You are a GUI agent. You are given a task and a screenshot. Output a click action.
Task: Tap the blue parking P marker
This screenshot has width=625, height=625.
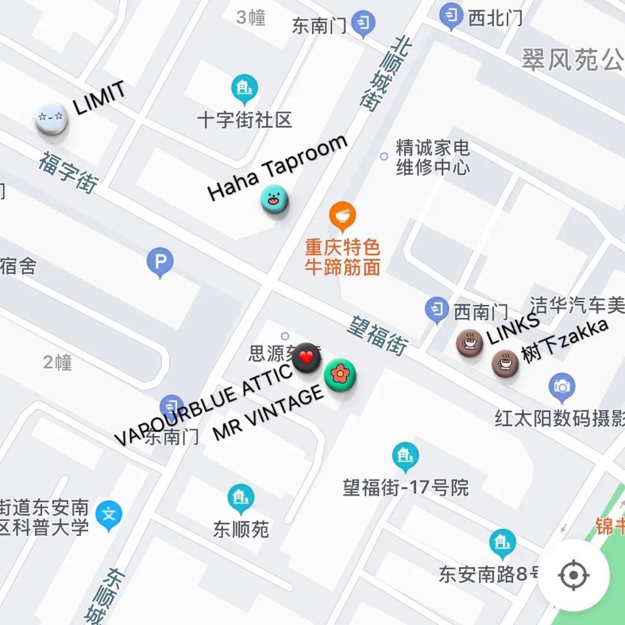click(160, 262)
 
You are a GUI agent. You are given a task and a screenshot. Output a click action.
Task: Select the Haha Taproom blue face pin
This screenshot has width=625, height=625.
click(274, 199)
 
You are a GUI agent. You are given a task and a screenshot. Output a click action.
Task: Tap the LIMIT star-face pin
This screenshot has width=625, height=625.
click(51, 119)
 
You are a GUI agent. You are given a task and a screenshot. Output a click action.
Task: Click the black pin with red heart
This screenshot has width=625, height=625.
click(307, 358)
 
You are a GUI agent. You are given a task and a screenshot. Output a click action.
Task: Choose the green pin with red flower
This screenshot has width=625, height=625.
click(340, 375)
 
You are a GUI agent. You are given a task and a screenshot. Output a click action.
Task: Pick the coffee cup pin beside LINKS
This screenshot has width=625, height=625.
click(469, 343)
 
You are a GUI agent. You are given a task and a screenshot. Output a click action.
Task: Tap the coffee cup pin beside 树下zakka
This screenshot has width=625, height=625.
click(505, 363)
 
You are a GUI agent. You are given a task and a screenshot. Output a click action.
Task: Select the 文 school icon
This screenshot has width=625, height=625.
click(109, 514)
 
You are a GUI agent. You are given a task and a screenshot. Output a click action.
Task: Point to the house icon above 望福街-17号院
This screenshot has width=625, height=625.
click(405, 456)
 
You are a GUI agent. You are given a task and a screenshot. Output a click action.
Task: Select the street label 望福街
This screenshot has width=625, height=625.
click(377, 335)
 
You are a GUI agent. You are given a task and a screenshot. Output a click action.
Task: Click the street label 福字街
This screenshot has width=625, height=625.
click(68, 172)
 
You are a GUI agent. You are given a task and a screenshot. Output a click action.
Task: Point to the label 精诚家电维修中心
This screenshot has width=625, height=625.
click(432, 157)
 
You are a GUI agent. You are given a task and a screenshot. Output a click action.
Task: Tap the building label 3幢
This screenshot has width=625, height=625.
click(251, 18)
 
